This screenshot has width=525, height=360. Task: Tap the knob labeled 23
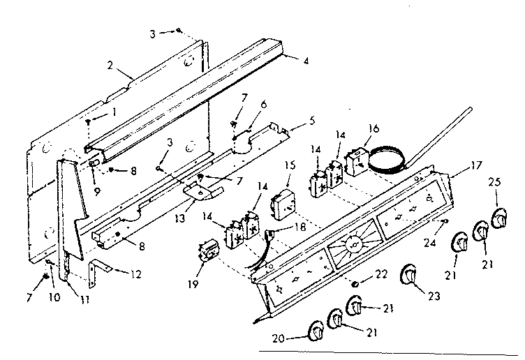click(x=408, y=276)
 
